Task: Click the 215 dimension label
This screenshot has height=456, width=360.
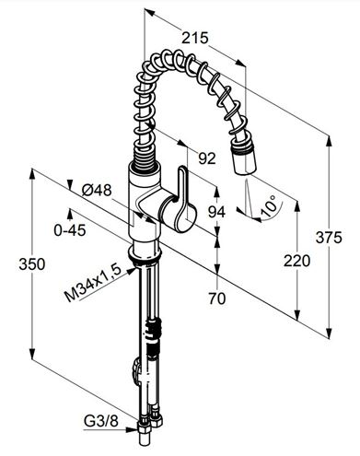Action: click(x=195, y=38)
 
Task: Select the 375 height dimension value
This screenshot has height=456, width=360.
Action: click(x=329, y=238)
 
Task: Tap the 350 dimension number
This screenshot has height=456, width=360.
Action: click(x=32, y=264)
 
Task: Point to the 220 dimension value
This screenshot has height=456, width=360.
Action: click(x=296, y=261)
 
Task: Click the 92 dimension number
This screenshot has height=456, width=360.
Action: click(x=207, y=158)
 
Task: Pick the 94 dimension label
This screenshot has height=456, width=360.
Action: click(x=216, y=212)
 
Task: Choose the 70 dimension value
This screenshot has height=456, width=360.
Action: click(x=217, y=298)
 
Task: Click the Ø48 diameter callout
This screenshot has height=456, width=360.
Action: click(x=97, y=191)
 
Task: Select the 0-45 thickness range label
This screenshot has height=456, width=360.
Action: click(x=70, y=230)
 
